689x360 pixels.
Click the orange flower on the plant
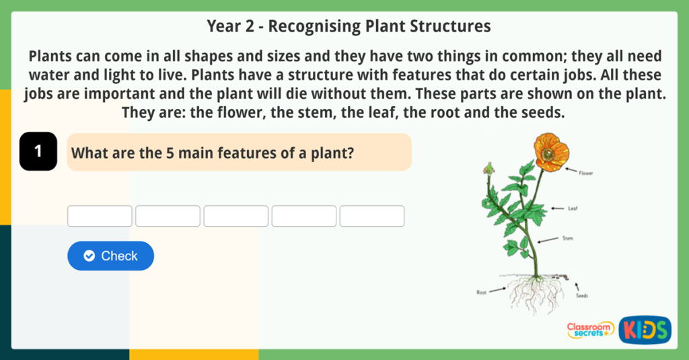(551, 151)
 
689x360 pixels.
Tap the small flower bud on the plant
(489, 168)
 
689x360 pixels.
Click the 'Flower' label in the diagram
(585, 173)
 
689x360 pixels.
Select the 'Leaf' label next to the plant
(573, 209)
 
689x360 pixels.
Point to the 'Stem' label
(569, 238)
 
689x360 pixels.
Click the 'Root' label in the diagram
(481, 293)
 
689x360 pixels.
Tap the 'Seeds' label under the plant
(582, 295)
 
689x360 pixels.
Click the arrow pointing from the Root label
(498, 290)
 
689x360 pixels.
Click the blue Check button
(110, 256)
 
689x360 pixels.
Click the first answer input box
(100, 216)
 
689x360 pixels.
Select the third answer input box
(235, 216)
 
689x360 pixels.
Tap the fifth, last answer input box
(371, 216)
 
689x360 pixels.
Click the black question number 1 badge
(38, 151)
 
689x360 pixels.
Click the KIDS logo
(645, 329)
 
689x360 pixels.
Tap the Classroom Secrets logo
(590, 329)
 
